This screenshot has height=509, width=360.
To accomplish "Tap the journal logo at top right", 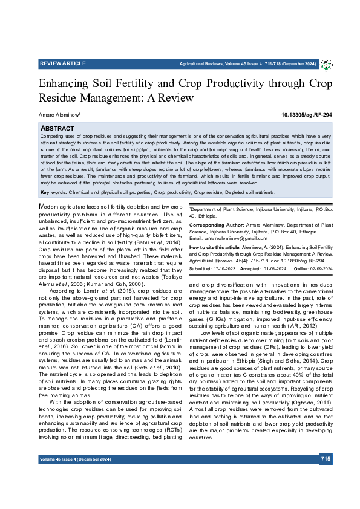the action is pyautogui.click(x=326, y=64).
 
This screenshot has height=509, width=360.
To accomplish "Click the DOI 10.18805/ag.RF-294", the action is pyautogui.click(x=307, y=115).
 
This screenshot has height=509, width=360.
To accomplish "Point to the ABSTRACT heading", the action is pyautogui.click(x=57, y=129).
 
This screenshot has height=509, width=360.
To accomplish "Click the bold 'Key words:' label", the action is pyautogui.click(x=53, y=193).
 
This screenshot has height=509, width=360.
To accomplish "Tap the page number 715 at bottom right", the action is pyautogui.click(x=326, y=476).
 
